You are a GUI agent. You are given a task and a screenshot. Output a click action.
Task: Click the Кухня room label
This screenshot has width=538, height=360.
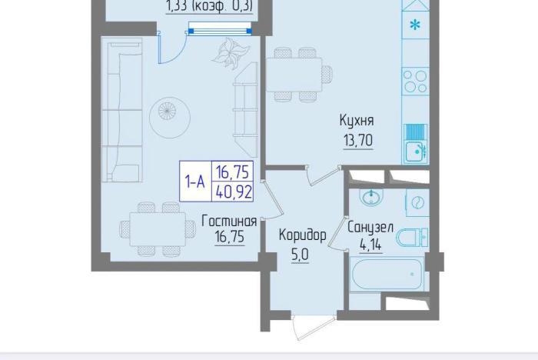point(357,121)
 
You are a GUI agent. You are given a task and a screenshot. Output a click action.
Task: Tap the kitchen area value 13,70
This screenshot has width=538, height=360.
point(358,140)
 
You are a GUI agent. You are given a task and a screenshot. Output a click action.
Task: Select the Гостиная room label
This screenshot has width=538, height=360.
point(229,221)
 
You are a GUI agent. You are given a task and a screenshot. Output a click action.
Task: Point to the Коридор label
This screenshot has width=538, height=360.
point(302,235)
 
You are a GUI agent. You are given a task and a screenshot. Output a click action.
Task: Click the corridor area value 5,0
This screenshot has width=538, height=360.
point(300,255)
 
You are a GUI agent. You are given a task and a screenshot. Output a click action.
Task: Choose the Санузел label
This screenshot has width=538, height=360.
point(370,228)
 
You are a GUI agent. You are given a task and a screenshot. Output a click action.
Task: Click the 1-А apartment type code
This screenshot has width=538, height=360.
point(195,182)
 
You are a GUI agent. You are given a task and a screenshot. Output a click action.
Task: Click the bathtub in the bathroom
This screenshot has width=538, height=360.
point(387,275)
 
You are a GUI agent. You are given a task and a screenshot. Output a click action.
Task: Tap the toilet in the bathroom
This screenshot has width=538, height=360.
point(413,237)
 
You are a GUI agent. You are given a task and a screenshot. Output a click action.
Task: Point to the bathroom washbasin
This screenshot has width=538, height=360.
point(371,197)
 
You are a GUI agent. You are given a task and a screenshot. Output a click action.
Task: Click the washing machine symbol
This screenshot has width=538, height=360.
point(417,202)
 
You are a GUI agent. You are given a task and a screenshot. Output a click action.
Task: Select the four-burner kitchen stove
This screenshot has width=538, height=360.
point(415,82)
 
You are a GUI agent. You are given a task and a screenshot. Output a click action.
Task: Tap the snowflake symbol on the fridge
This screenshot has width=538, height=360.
point(415,25)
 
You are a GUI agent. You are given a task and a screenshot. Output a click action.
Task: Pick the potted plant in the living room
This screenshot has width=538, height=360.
point(230,52)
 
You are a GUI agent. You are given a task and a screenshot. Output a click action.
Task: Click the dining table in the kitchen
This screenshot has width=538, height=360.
point(294,75)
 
